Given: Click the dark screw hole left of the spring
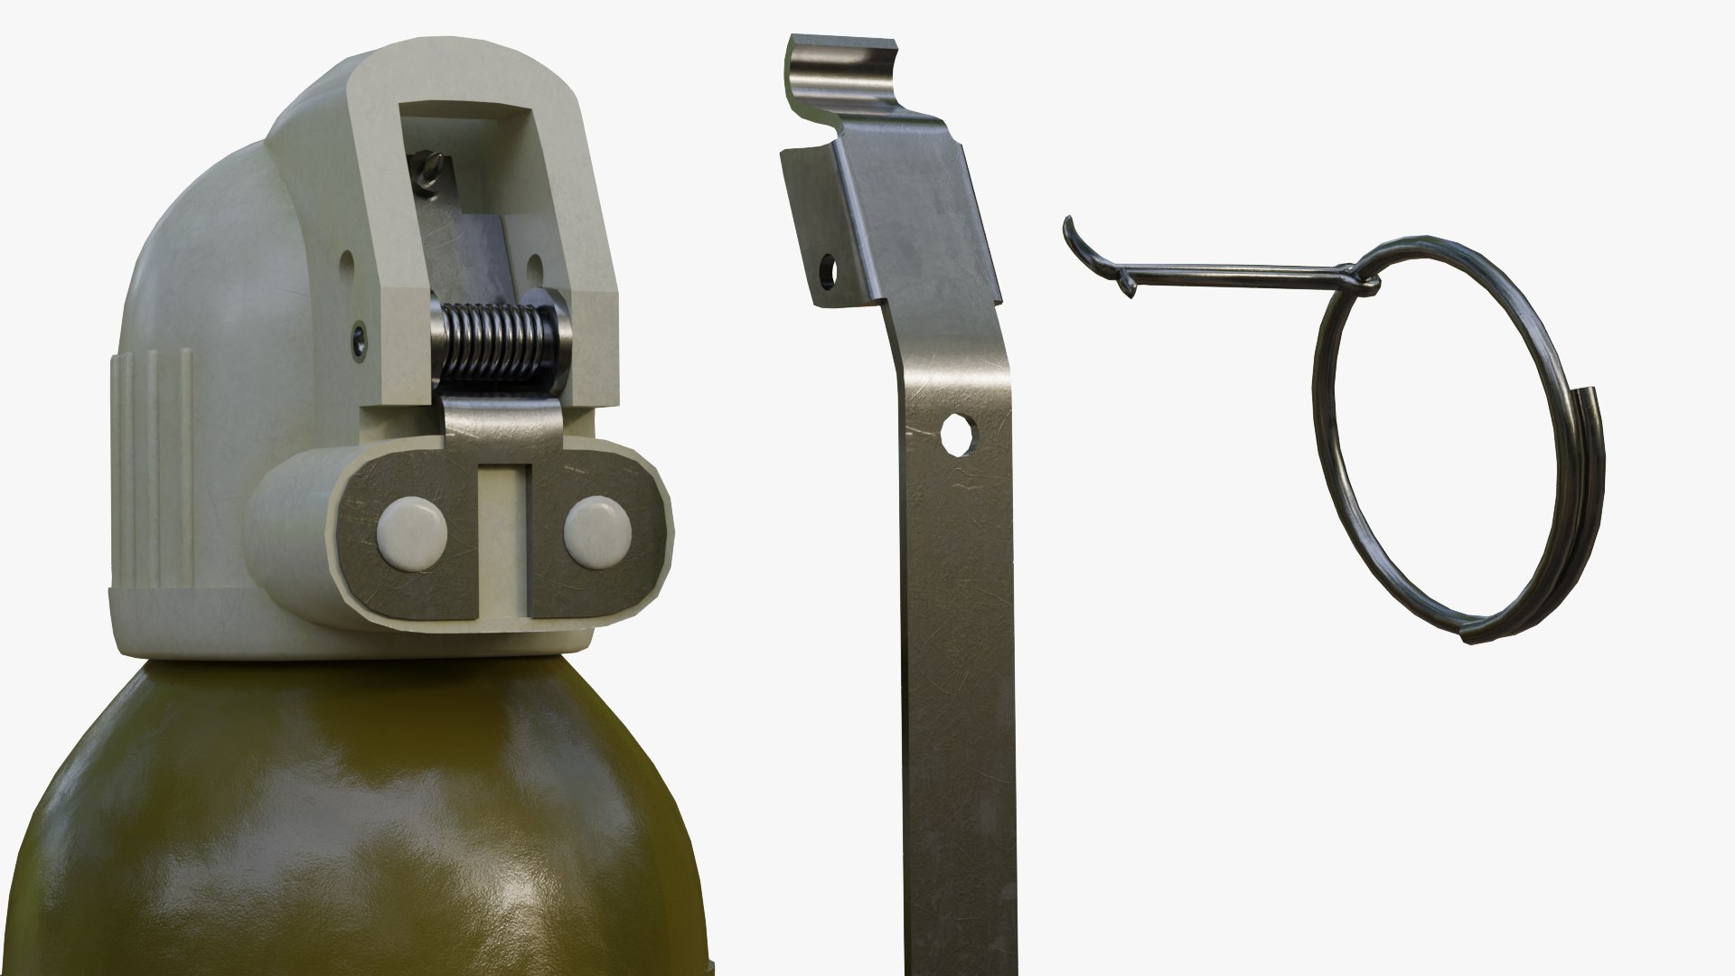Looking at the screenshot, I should coord(361,335).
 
